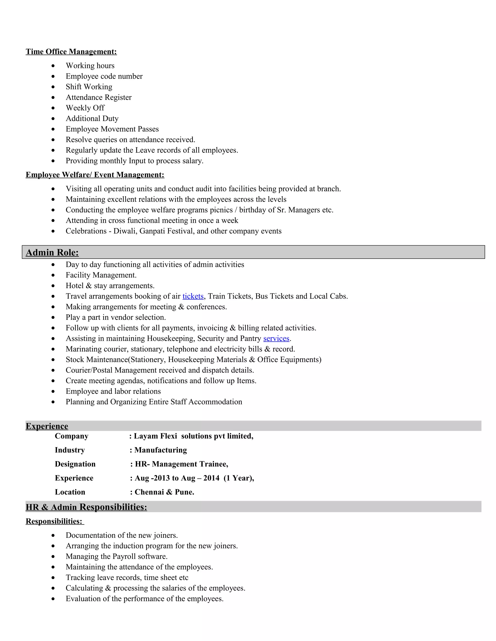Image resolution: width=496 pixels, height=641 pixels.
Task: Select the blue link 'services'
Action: coord(276,338)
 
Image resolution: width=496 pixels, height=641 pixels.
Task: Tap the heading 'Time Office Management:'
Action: coord(71,52)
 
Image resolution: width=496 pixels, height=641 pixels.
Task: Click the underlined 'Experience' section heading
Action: coord(47,426)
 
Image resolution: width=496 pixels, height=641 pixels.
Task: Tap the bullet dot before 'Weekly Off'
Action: coord(53,108)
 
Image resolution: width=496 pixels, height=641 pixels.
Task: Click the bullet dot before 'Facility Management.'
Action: coord(53,275)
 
